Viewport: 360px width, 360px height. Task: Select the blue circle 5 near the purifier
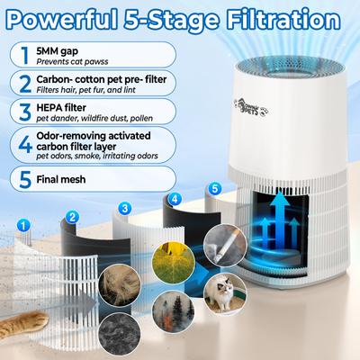212,189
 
